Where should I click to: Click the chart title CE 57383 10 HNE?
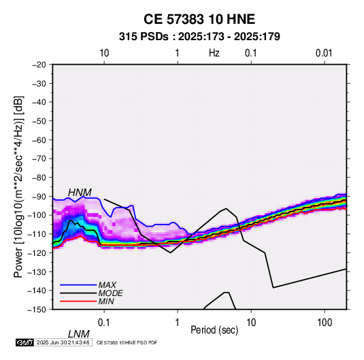pos(199,19)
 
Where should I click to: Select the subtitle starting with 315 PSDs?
pos(199,37)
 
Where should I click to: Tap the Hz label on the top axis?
pos(214,53)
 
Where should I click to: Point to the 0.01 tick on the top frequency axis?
pos(324,53)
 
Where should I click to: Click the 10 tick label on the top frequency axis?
pos(104,53)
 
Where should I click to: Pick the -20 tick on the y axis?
pos(39,65)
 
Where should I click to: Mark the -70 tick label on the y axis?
pos(39,159)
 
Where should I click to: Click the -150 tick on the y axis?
pos(37,310)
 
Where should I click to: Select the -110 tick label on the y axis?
pos(37,234)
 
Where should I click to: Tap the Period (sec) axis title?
pos(214,330)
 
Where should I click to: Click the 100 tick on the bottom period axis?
pos(324,322)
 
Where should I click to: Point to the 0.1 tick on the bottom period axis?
pos(103,322)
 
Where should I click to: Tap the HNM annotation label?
pos(80,193)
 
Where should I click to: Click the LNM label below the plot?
pos(78,334)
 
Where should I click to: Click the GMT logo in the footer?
pos(25,342)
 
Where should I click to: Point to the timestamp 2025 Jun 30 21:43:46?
pos(63,342)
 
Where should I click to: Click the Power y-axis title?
pos(18,186)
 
